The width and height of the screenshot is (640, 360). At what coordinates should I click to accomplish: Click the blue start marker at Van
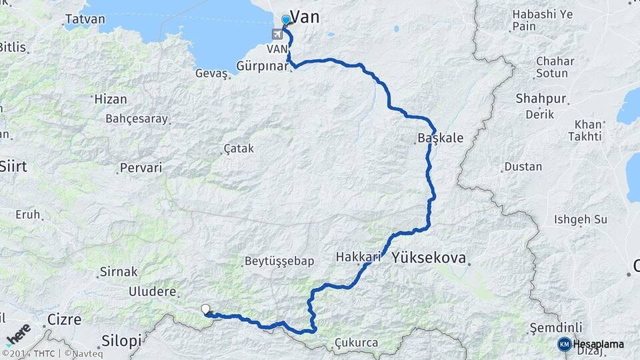pos(286,20)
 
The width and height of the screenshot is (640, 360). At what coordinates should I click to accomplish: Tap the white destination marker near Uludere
pos(206,309)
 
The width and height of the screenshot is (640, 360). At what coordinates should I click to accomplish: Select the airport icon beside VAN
pos(277,34)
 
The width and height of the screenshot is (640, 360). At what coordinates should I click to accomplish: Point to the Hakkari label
pos(359,257)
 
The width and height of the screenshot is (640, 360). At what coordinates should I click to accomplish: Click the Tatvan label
pos(86,19)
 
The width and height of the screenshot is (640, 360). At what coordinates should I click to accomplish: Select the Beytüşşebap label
pos(279,261)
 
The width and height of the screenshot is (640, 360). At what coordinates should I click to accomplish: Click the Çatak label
pos(239,149)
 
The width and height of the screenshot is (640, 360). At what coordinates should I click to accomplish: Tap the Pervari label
pos(141,167)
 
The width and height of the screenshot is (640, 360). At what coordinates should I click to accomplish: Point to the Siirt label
pos(13,166)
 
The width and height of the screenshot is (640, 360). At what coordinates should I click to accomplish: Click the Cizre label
pos(65,319)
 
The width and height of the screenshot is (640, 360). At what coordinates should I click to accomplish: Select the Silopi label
pos(121,341)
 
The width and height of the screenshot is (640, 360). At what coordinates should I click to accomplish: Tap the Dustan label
pos(523,167)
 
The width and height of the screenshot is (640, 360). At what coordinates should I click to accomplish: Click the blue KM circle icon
pos(565,344)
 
